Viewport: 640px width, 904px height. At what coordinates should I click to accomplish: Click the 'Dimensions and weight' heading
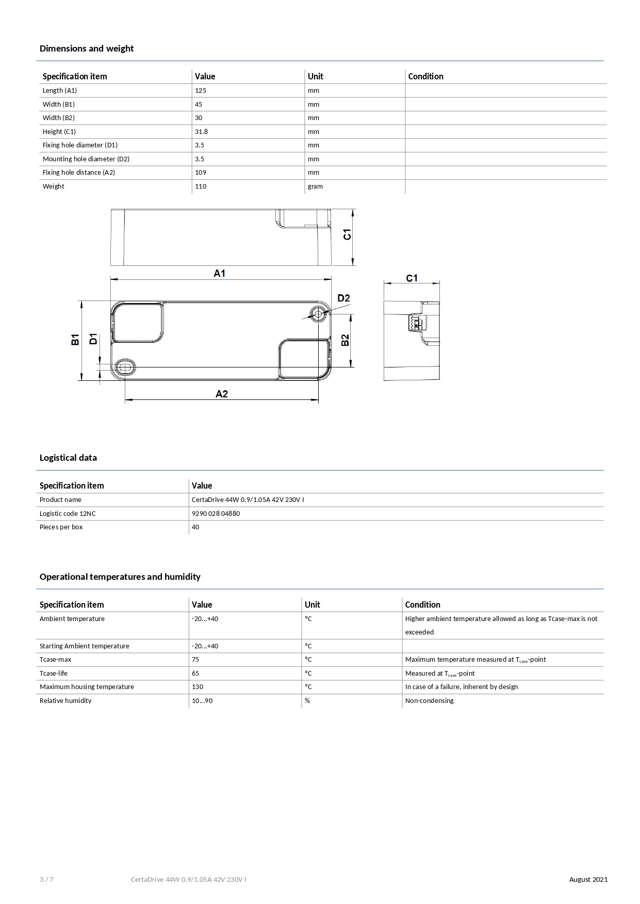[x=87, y=48]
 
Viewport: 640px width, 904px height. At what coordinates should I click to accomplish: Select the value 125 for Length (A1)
[x=201, y=91]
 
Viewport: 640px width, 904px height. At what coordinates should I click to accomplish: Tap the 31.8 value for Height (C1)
[x=201, y=132]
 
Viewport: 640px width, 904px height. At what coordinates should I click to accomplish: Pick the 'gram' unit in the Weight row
[x=315, y=187]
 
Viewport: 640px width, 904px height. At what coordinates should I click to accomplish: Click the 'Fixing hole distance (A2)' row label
[x=79, y=173]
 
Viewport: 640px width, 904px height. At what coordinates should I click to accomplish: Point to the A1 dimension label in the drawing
[x=220, y=273]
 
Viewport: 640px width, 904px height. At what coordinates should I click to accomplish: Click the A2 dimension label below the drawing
[x=221, y=394]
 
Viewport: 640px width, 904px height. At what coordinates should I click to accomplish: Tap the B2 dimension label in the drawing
[x=345, y=340]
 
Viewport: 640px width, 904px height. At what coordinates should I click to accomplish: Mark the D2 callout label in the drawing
[x=343, y=298]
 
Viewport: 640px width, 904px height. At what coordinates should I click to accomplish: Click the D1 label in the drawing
[x=93, y=339]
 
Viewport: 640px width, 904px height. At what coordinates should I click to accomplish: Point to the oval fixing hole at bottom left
[x=125, y=367]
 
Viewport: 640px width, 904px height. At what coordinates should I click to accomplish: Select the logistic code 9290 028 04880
[x=216, y=514]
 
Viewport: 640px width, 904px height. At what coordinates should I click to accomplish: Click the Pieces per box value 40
[x=195, y=527]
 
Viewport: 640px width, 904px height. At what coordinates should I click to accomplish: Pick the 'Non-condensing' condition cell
[x=429, y=701]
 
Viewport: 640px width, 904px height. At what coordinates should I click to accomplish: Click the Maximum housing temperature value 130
[x=198, y=687]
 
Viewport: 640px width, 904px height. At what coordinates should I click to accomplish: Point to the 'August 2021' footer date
[x=588, y=879]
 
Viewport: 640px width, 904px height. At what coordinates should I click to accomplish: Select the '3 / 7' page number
[x=46, y=879]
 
